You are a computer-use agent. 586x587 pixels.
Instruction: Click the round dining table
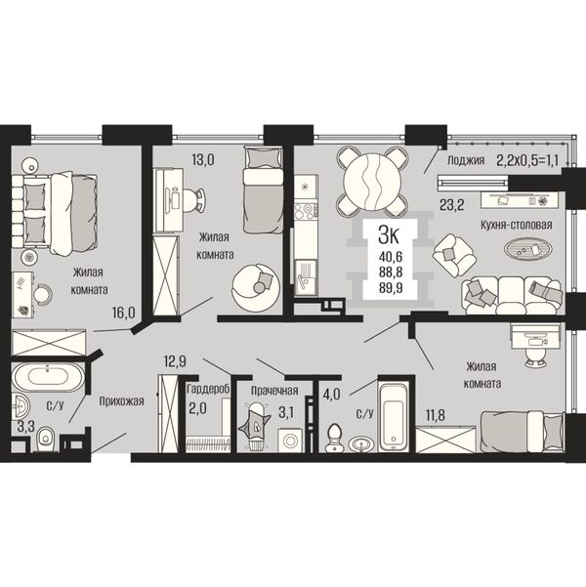click(x=372, y=182)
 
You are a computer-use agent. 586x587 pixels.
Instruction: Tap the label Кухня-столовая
click(x=517, y=225)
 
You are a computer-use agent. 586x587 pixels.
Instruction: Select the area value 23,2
click(x=452, y=205)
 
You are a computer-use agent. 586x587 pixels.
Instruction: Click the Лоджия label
click(x=466, y=160)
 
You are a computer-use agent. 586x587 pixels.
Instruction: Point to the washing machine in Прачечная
click(x=290, y=440)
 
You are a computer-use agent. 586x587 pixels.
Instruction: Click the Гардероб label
click(x=208, y=389)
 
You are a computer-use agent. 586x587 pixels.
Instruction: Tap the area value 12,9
click(x=175, y=361)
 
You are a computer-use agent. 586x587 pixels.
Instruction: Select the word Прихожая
click(x=122, y=401)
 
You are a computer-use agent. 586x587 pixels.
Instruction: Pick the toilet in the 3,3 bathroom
click(x=47, y=440)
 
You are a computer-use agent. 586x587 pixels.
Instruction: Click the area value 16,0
click(x=124, y=313)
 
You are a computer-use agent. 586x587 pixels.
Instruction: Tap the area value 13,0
click(x=202, y=160)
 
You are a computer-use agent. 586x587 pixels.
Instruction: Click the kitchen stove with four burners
click(x=305, y=211)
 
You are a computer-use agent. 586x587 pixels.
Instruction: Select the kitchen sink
click(x=306, y=278)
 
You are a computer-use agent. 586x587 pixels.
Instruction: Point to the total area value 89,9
click(x=390, y=288)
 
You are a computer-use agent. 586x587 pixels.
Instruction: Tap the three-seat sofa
click(x=512, y=295)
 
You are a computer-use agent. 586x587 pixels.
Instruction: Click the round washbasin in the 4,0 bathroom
click(x=361, y=444)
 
